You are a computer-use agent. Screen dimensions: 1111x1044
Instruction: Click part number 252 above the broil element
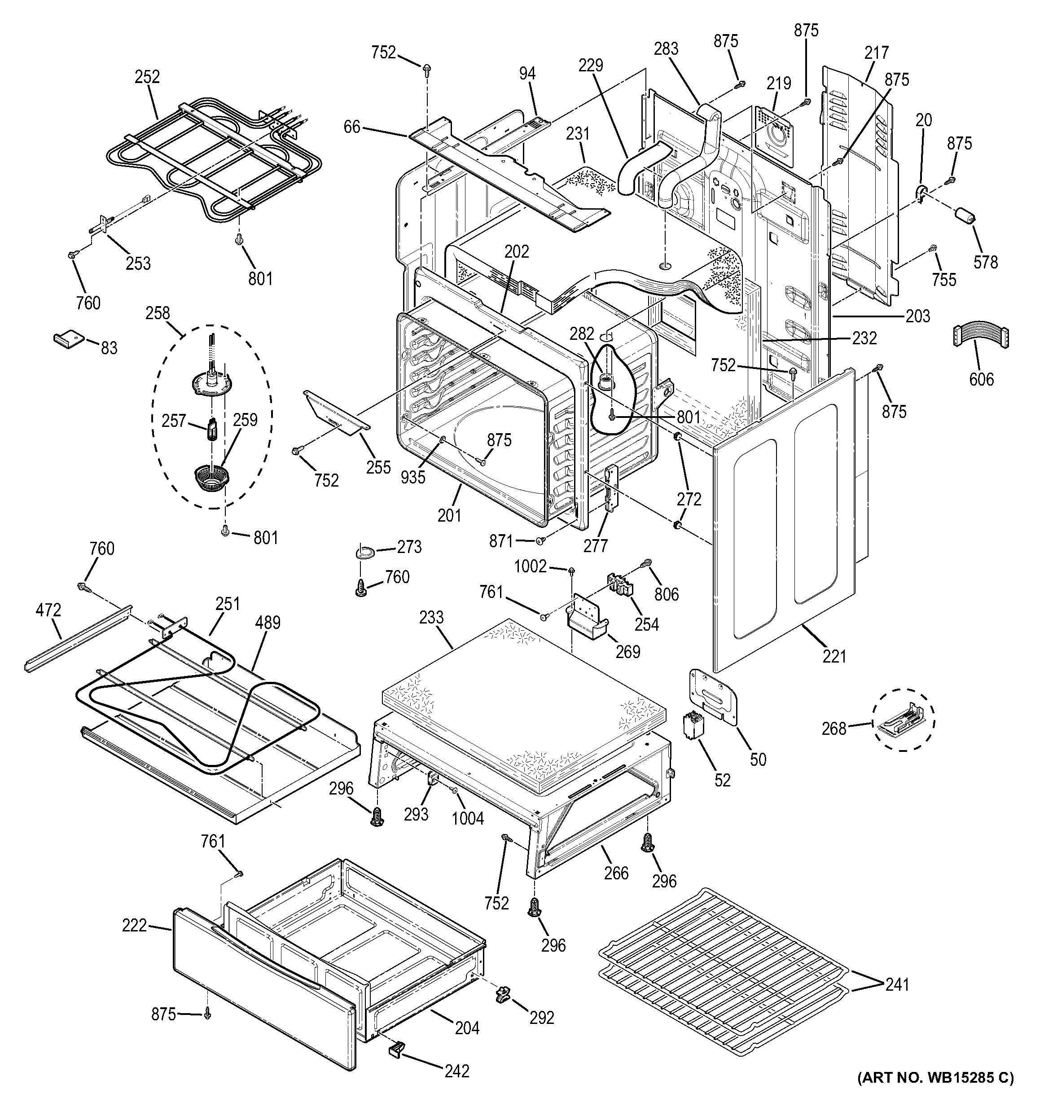click(x=147, y=77)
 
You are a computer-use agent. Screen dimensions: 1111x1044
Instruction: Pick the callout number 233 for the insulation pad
click(x=431, y=618)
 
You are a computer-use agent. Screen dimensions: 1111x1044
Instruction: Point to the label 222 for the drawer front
click(x=134, y=926)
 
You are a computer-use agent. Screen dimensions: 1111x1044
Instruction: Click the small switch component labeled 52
click(x=693, y=726)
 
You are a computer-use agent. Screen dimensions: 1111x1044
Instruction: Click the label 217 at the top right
click(x=876, y=53)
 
